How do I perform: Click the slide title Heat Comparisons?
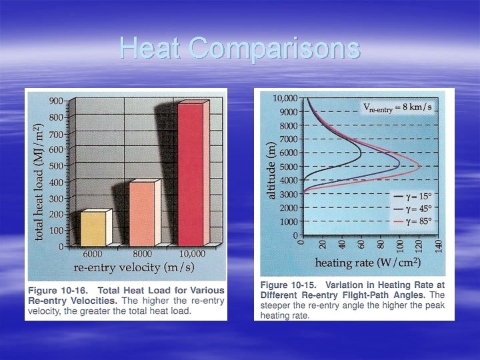click(240, 48)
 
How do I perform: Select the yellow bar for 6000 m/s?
click(93, 229)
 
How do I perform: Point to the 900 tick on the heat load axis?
click(56, 101)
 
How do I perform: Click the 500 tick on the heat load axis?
click(56, 165)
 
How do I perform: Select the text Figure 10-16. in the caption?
click(59, 291)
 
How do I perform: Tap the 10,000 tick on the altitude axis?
click(285, 99)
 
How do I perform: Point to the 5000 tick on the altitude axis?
click(287, 167)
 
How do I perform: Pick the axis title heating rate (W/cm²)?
click(367, 261)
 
